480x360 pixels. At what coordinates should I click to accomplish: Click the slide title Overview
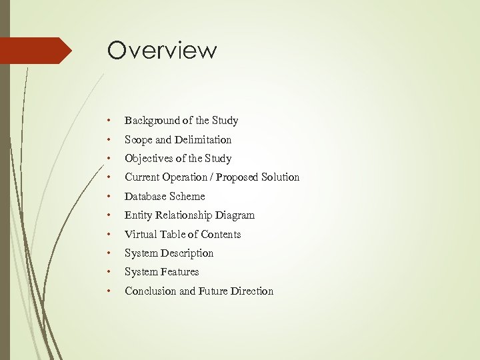pyautogui.click(x=162, y=51)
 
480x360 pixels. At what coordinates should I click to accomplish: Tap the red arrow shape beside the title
pyautogui.click(x=37, y=51)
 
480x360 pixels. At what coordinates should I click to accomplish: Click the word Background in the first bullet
pyautogui.click(x=153, y=121)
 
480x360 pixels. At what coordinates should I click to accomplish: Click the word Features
pyautogui.click(x=180, y=272)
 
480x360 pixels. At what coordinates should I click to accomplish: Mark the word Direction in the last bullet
pyautogui.click(x=251, y=291)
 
